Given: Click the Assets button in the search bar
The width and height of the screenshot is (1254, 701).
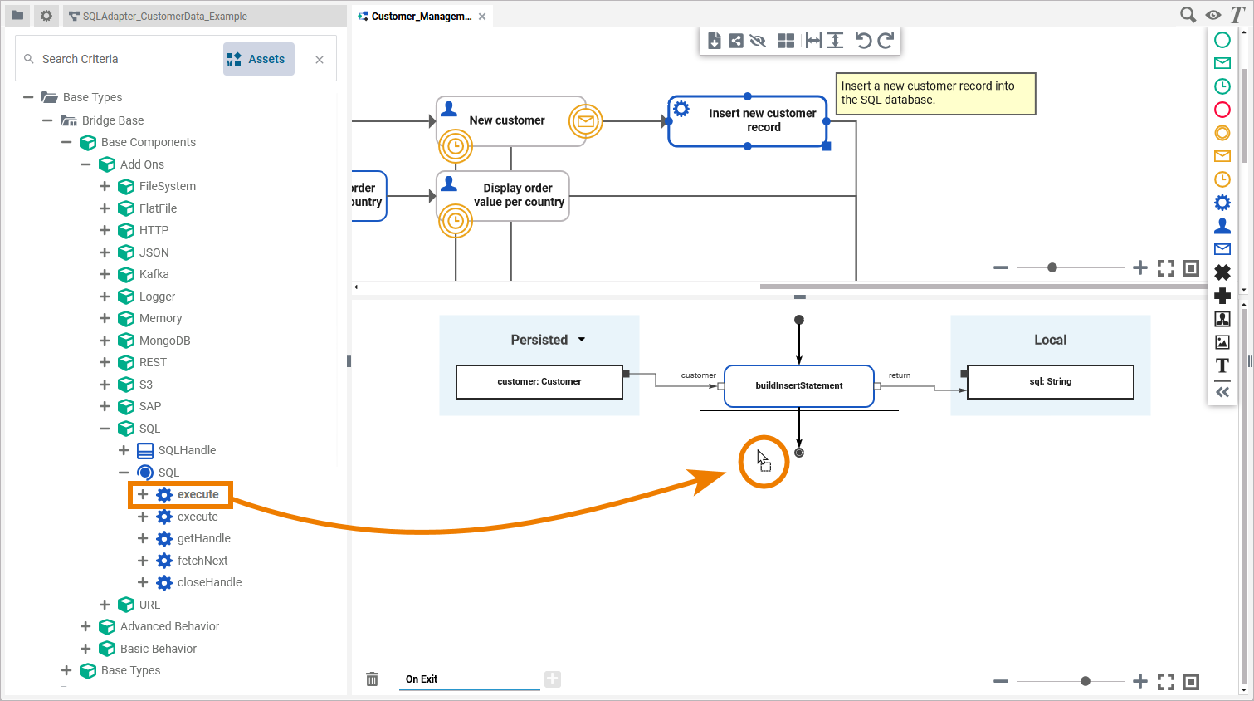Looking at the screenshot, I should pos(258,59).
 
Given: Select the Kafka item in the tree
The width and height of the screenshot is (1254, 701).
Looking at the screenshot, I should pos(154,274).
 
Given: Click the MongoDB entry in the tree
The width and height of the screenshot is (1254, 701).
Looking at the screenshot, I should pos(164,341).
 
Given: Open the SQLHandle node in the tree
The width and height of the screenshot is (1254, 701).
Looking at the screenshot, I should pos(187,450).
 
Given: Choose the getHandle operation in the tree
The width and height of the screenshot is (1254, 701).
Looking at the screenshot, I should pos(203,538).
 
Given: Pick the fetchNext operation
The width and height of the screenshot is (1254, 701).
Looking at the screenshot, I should pos(202,561).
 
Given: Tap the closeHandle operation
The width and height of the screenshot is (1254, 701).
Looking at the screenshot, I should pos(209,582).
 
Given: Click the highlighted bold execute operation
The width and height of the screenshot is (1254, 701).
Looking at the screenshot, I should pos(198,494).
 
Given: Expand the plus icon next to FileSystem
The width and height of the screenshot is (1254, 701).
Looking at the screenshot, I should pos(105,186).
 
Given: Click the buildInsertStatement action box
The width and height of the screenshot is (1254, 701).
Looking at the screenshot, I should pos(798,385).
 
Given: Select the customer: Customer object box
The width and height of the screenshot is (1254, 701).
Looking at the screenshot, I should pos(539,382).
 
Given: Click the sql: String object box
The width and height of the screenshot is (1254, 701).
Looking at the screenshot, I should pos(1050,382).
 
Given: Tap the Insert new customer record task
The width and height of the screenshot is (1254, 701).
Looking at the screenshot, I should pos(747,121).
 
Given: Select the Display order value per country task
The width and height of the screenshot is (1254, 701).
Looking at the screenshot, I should pos(503,196).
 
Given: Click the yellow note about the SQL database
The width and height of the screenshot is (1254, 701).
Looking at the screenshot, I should pos(935,93).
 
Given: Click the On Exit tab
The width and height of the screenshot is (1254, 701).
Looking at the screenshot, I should pos(422,679).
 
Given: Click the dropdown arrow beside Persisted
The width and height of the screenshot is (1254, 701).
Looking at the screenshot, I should pos(582,340).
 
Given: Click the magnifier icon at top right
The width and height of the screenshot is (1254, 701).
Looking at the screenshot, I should pos(1188,15).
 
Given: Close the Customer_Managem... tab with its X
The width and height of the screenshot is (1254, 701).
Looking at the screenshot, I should pos(482,17).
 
